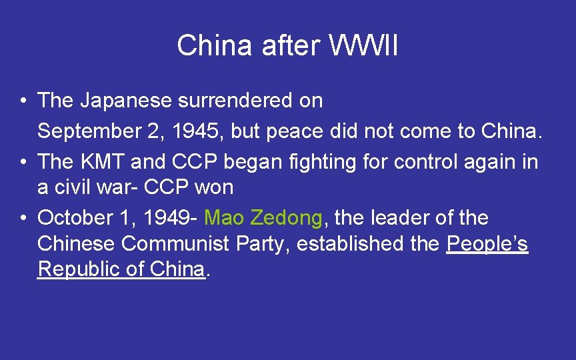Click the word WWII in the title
(363, 46)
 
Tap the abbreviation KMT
(103, 161)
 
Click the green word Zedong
(287, 217)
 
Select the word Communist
(177, 244)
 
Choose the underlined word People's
(487, 244)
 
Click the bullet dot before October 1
(23, 218)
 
